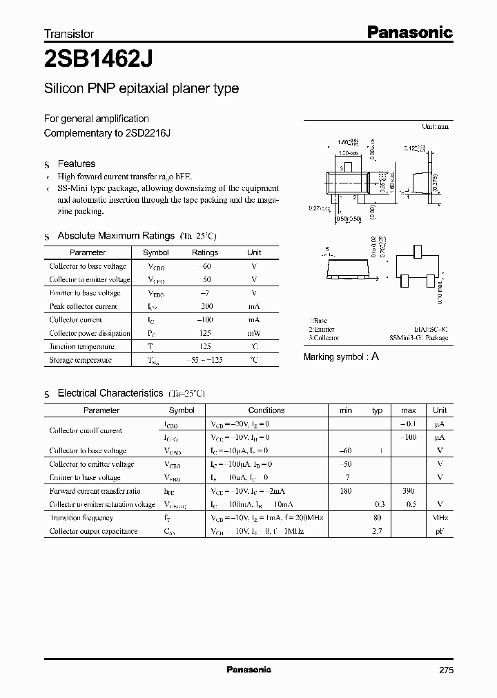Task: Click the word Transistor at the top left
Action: pyautogui.click(x=69, y=34)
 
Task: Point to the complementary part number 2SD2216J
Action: pyautogui.click(x=148, y=132)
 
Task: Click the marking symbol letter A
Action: pyautogui.click(x=376, y=357)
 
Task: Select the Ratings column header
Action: pyautogui.click(x=205, y=252)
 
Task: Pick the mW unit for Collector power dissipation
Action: pyautogui.click(x=254, y=333)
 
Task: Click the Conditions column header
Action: pyautogui.click(x=266, y=410)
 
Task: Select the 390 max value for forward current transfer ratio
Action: pyautogui.click(x=408, y=491)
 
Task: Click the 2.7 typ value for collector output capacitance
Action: pyautogui.click(x=377, y=531)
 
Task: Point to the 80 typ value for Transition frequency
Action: pyautogui.click(x=377, y=518)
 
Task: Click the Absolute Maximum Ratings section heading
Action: pyautogui.click(x=116, y=236)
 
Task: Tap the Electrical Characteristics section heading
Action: pyautogui.click(x=110, y=393)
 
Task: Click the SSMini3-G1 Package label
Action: pyautogui.click(x=418, y=338)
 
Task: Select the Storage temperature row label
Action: pyautogui.click(x=80, y=360)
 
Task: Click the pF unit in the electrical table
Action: pyautogui.click(x=440, y=531)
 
